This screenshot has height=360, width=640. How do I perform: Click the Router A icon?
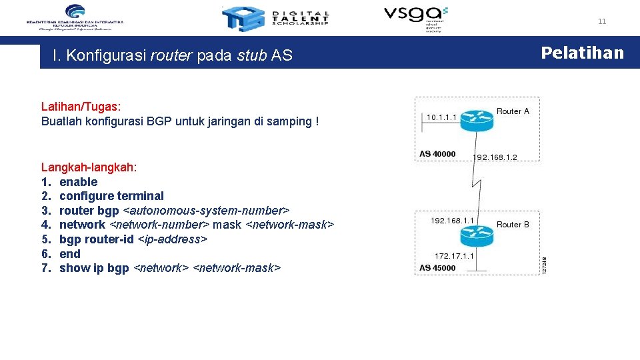[476, 117]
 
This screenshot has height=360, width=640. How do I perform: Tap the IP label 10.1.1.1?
[441, 117]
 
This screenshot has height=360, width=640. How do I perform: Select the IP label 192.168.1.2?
[495, 157]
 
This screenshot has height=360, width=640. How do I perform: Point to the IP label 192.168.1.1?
[452, 220]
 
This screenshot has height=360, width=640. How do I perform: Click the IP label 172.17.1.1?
[454, 255]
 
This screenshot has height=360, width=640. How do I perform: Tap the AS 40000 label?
[437, 154]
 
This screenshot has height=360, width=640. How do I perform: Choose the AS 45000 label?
[437, 268]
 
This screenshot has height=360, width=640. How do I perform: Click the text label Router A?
[513, 111]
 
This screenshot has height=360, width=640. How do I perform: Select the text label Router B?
[513, 225]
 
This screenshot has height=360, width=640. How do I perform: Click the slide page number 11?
[602, 21]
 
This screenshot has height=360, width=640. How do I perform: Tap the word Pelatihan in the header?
[582, 53]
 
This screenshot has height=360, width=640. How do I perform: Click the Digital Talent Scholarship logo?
[275, 19]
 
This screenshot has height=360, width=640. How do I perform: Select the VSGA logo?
[415, 17]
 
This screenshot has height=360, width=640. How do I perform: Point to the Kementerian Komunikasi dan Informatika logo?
[75, 17]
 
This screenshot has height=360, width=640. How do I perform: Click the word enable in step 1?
[78, 182]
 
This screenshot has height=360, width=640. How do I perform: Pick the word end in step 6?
[69, 254]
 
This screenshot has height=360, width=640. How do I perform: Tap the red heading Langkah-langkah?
[89, 167]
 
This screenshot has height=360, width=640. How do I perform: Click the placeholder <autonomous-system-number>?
[206, 211]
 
